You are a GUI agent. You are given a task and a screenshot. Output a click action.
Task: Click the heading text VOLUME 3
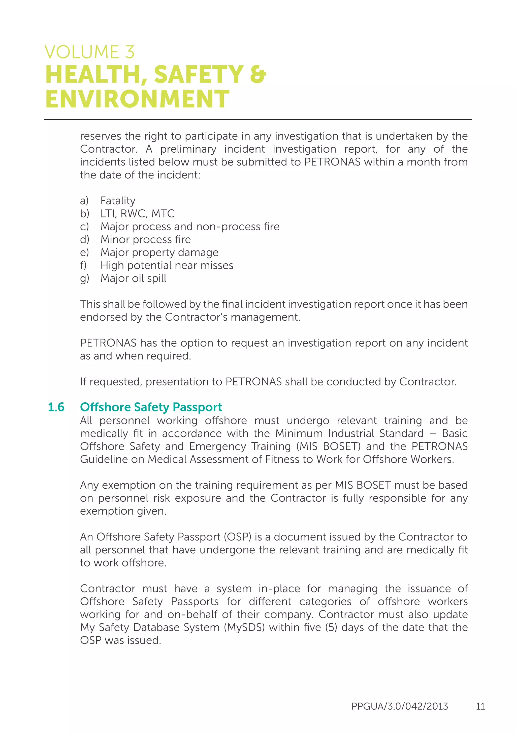(89, 52)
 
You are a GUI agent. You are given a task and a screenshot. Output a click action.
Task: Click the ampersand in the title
(258, 74)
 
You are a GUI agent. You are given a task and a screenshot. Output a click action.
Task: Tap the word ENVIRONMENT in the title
(137, 99)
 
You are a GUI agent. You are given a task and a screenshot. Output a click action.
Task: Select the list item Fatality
(118, 201)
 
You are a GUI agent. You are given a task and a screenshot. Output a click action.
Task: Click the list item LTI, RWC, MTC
(138, 214)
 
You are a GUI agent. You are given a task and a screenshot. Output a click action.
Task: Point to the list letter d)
(84, 239)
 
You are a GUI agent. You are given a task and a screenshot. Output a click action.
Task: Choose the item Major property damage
(159, 252)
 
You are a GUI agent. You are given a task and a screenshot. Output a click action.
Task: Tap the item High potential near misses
(167, 265)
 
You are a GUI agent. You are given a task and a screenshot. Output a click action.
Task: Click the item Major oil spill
(133, 278)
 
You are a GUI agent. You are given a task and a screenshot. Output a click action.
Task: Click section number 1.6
(56, 407)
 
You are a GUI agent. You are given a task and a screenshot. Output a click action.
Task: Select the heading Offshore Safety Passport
(151, 407)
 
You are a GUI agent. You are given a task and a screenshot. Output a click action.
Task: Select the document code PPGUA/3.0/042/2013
(400, 706)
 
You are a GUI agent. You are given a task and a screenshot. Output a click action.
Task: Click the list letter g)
(84, 278)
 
